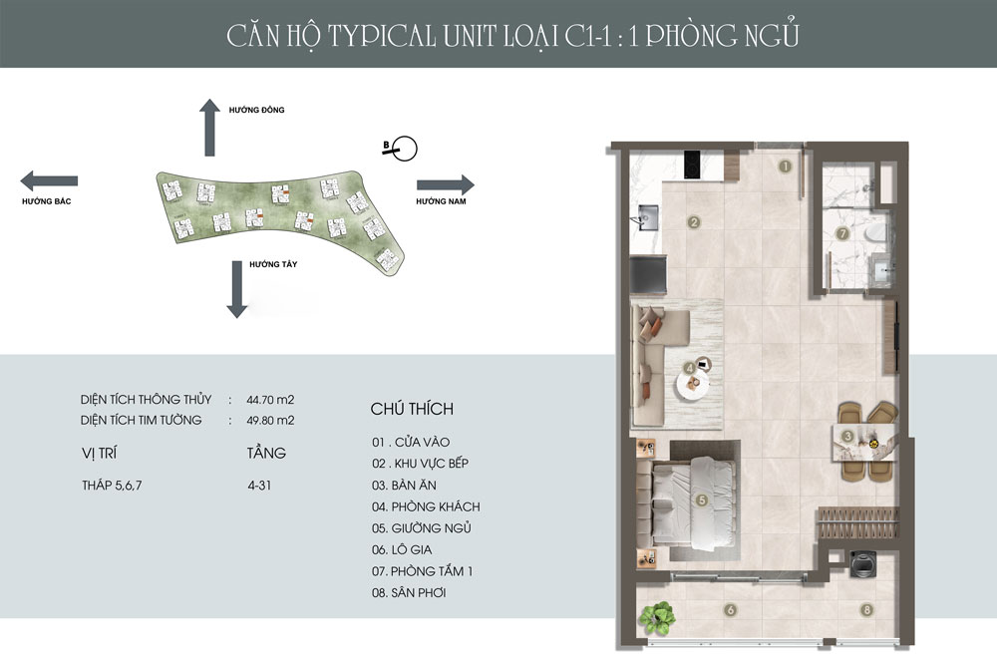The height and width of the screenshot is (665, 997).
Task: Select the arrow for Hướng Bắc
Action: pyautogui.click(x=49, y=181)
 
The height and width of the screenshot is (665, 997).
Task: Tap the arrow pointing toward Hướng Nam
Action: pyautogui.click(x=445, y=184)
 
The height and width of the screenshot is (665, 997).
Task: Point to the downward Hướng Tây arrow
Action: pyautogui.click(x=236, y=288)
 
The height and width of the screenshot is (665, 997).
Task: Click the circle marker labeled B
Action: pyautogui.click(x=404, y=150)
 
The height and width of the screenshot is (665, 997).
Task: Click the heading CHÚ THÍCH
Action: pyautogui.click(x=411, y=409)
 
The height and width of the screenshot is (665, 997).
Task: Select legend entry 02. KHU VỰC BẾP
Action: pyautogui.click(x=419, y=463)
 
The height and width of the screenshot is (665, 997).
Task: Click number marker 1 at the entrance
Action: pyautogui.click(x=786, y=166)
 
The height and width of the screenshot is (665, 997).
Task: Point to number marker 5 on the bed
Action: pyautogui.click(x=702, y=499)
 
